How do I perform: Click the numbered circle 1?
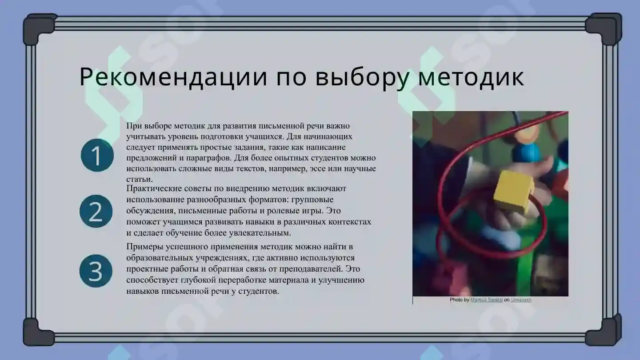point(97,155)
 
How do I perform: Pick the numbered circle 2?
point(96,212)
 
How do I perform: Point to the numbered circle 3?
point(96,271)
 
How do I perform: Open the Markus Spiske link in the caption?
point(486,300)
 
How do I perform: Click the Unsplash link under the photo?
point(520,300)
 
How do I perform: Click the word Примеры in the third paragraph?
point(143,247)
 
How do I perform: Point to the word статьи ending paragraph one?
point(139,180)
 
